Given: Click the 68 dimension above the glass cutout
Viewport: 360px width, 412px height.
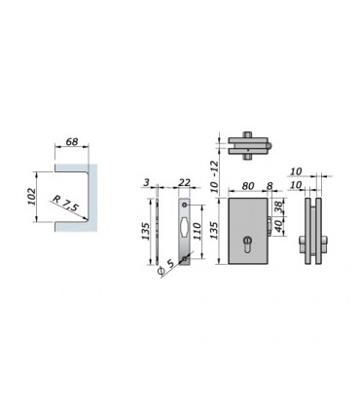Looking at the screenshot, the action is click(72, 142).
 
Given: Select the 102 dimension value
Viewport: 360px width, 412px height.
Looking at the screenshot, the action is click(31, 196).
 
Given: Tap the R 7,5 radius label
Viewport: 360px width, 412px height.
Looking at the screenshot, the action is click(65, 203).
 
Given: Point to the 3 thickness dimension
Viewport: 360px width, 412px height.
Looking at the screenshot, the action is click(146, 182).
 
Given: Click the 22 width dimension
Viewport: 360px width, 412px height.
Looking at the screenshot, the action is click(184, 182).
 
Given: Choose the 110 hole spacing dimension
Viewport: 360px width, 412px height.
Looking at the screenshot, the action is click(198, 231).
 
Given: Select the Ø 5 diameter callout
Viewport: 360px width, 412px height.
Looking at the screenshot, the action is click(166, 268).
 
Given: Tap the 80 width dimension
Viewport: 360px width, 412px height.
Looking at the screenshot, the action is click(248, 186).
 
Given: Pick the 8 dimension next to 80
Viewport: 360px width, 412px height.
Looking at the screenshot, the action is click(270, 186).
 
